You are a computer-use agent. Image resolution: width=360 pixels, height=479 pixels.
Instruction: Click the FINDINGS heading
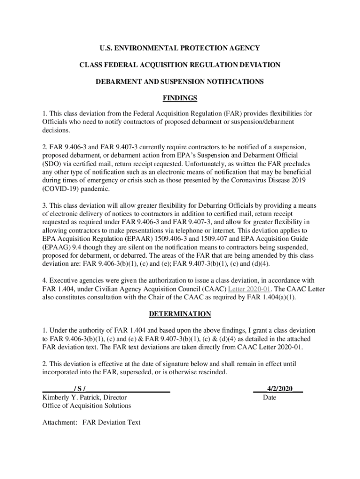(180, 98)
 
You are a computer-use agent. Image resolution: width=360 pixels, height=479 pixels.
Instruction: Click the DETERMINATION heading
(180, 314)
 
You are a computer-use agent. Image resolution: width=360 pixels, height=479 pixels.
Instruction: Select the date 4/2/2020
(280, 389)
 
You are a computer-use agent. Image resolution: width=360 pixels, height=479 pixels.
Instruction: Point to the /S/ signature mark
(79, 389)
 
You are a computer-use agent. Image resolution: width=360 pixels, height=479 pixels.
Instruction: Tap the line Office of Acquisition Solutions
(86, 406)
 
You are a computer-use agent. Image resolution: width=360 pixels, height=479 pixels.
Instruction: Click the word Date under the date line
(270, 398)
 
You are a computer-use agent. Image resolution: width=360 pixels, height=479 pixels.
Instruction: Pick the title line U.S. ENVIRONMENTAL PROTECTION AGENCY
(180, 48)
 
